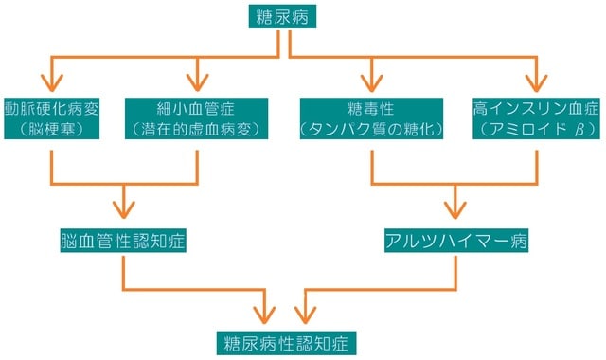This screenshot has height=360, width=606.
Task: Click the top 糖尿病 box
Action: [x=281, y=17]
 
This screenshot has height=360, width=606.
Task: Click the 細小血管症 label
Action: [x=197, y=108]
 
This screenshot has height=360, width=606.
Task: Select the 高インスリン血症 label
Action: [x=536, y=108]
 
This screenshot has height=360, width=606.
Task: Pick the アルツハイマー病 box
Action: [x=456, y=242]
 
